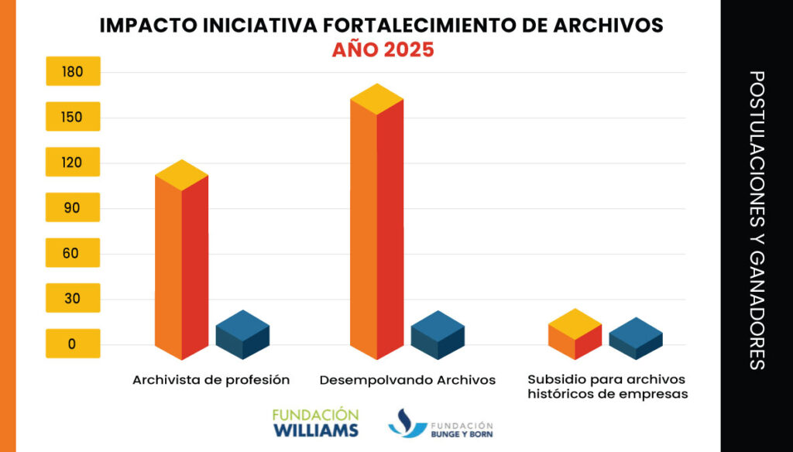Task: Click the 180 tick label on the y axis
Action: (73, 72)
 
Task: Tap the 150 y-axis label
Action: (73, 118)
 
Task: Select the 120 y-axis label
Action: (73, 163)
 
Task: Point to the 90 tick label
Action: (73, 208)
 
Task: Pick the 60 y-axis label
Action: (73, 253)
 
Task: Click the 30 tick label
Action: (73, 299)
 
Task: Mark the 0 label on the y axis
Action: (73, 344)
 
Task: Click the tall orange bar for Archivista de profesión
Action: (181, 263)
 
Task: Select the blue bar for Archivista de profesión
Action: (242, 336)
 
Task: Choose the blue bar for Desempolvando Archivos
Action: (438, 336)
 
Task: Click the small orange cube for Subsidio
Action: (575, 334)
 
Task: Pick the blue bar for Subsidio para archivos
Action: (636, 339)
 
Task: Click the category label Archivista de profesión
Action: (211, 380)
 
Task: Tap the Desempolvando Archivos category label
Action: (407, 380)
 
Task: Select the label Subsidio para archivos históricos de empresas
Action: (607, 386)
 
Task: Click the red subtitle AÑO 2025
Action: (383, 50)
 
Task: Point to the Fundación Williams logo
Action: (315, 423)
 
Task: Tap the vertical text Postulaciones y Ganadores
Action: (757, 221)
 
